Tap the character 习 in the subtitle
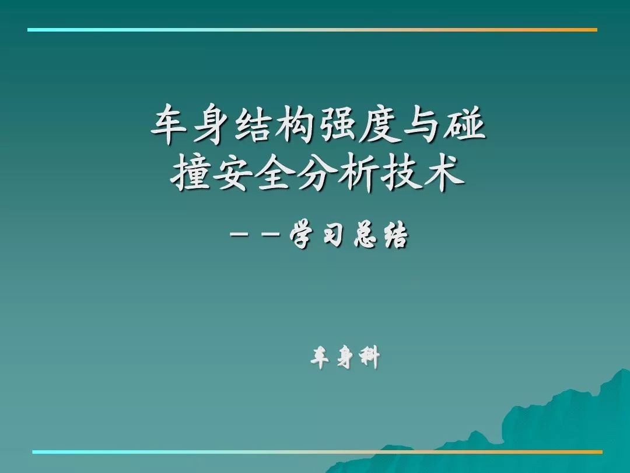pos(333,236)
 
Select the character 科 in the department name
pos(368,357)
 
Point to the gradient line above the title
pos(312,30)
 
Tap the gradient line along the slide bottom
pos(317,452)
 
